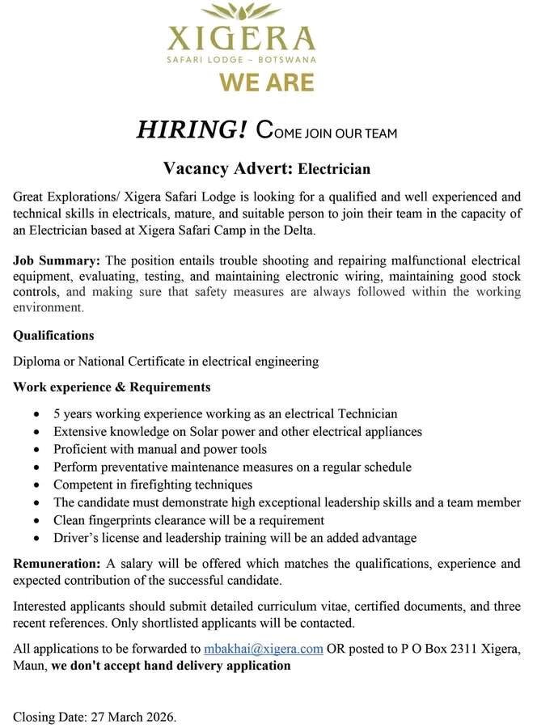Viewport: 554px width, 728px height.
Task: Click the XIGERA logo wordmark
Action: click(240, 38)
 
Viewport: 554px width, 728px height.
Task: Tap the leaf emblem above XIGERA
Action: click(240, 11)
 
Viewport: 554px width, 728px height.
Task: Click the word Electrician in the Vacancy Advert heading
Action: click(334, 169)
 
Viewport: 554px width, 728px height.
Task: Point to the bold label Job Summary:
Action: click(57, 260)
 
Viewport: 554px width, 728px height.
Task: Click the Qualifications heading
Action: click(53, 335)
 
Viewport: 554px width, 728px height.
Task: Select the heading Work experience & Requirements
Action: click(112, 387)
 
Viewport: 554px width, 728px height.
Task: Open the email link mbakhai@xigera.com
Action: click(264, 649)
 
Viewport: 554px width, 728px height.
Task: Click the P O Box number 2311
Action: click(463, 649)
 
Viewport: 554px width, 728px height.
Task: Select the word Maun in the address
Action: click(28, 666)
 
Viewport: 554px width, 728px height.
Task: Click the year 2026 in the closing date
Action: click(158, 717)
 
